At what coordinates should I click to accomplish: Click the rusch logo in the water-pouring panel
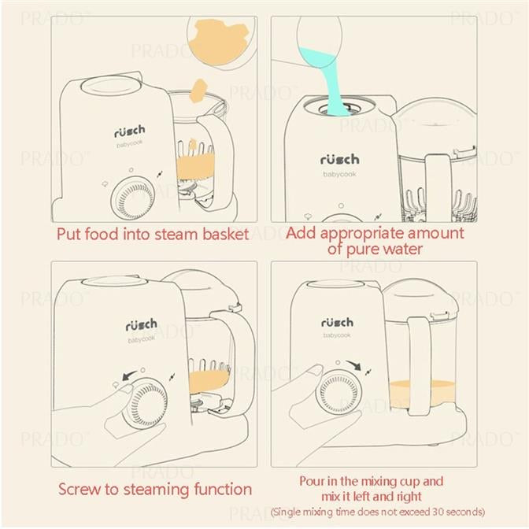340,159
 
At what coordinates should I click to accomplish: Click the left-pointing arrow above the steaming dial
129,375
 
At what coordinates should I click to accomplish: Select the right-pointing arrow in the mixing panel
353,364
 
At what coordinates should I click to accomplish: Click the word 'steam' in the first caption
176,234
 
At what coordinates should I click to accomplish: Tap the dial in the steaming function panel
144,405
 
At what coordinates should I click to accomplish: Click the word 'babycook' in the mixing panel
337,335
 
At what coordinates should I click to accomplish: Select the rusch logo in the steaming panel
142,324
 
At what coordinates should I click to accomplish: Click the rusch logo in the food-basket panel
130,131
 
